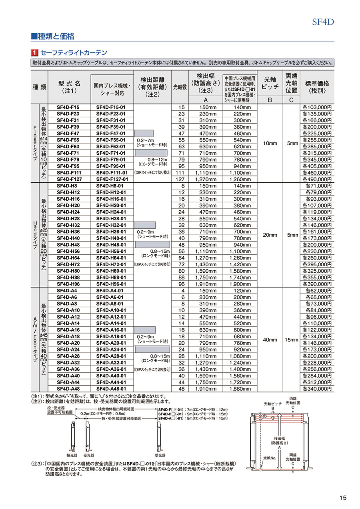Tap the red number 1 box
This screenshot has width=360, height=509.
35,52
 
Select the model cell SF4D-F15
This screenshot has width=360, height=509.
68,108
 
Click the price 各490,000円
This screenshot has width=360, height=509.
317,179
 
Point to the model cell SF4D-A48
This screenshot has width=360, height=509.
68,388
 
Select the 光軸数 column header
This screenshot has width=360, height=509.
180,87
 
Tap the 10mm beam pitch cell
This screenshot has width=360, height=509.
270,143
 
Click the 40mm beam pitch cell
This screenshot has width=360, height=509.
270,340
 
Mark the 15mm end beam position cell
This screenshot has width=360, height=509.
292,340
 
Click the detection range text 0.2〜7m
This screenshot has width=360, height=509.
145,140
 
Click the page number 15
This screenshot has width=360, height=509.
343,498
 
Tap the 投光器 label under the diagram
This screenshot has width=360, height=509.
72,455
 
